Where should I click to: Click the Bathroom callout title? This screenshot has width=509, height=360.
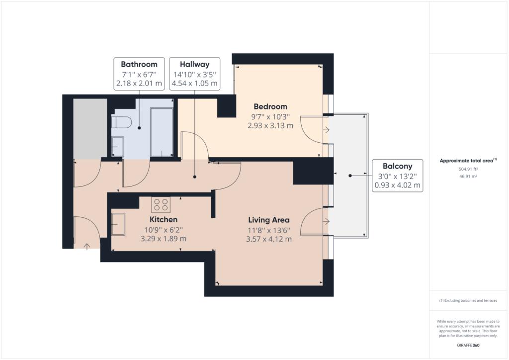(139, 64)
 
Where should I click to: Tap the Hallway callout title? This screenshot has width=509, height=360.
(194, 64)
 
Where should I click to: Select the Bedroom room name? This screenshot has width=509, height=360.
(270, 106)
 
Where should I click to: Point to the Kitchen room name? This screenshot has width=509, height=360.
(163, 219)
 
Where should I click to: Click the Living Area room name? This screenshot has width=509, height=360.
(269, 220)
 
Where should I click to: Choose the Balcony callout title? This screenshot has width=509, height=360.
(397, 166)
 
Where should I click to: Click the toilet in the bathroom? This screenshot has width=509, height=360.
(121, 122)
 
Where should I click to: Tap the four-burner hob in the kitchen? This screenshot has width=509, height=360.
(161, 204)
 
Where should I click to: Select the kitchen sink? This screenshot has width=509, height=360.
(118, 224)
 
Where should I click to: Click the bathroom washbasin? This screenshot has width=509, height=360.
(117, 147)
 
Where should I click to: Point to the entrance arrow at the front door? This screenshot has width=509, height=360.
(86, 247)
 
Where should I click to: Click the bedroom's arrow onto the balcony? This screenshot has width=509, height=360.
(326, 130)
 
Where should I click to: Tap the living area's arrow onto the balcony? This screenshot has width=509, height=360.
(326, 221)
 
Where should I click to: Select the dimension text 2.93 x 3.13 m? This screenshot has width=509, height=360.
(270, 126)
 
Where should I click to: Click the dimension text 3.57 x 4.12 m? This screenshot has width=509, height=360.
(269, 239)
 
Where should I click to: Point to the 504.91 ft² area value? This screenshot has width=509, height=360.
(468, 169)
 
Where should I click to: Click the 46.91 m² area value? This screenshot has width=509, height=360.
(468, 177)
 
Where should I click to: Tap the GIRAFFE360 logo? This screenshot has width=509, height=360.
(468, 346)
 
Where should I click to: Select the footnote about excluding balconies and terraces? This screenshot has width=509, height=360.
(468, 301)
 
